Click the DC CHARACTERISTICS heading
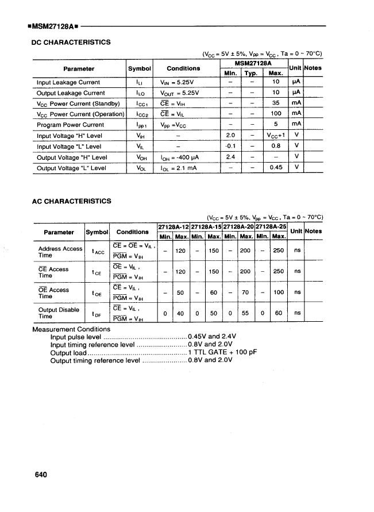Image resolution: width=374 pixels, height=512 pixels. coord(70,42)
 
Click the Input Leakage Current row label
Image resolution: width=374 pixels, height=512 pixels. coord(68,82)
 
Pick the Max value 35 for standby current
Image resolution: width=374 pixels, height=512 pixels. coord(276,103)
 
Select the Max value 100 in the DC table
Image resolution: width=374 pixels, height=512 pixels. coord(276,114)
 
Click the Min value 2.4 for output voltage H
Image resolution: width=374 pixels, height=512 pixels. coord(230,157)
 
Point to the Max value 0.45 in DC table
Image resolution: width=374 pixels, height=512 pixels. coord(276,168)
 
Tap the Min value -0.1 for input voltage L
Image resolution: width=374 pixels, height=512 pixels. coord(230,146)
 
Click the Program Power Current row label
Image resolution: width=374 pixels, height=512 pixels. coord(70,125)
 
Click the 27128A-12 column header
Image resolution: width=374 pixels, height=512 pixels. coord(173,226)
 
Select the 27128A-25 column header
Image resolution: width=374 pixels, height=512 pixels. coord(271,226)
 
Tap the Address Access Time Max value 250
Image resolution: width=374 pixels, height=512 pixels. coord(279,251)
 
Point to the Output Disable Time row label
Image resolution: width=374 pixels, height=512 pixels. coord(58,313)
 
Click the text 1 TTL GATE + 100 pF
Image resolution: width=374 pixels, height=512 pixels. coord(221,353)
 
